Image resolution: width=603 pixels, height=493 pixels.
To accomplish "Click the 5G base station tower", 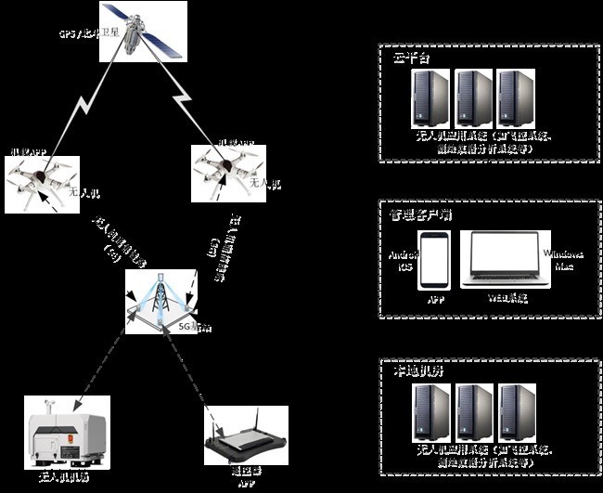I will pos(164,298).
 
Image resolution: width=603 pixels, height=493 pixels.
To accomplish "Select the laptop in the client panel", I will pos(507,262).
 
